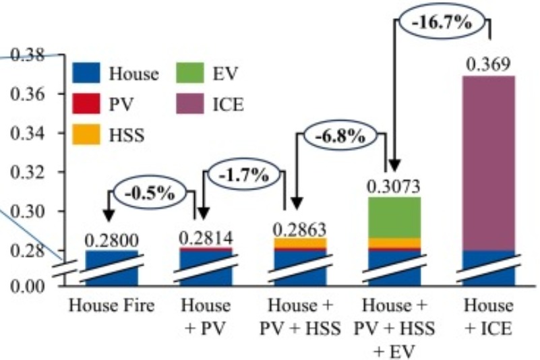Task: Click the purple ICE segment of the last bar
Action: pyautogui.click(x=488, y=162)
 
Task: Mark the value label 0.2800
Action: pyautogui.click(x=111, y=240)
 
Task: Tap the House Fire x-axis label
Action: pyautogui.click(x=111, y=306)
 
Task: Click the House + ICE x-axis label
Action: pyautogui.click(x=488, y=317)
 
